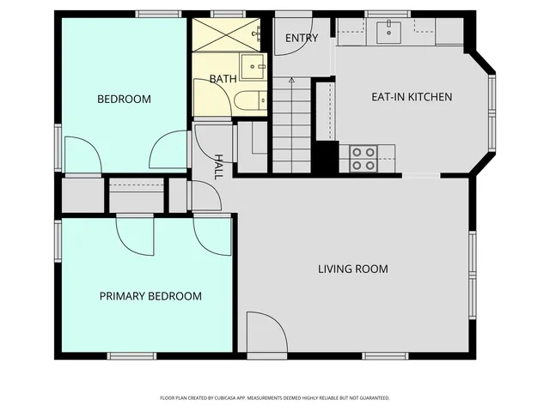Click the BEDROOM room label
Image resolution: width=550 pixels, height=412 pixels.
click(124, 100)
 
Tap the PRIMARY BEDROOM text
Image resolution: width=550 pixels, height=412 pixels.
click(150, 296)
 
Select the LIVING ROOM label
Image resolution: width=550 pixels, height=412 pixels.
click(352, 270)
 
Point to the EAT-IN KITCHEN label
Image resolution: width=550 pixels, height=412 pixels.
click(411, 97)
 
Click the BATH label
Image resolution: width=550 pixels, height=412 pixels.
click(223, 79)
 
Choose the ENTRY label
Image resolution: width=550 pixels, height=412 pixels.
click(302, 38)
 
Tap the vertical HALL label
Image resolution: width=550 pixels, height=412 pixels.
click(219, 166)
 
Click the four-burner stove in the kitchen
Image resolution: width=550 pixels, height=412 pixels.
click(363, 158)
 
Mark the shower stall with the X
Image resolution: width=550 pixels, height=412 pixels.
click(224, 34)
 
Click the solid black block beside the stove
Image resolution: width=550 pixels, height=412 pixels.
click(325, 159)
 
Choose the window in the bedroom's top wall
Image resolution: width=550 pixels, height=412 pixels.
click(155, 14)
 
